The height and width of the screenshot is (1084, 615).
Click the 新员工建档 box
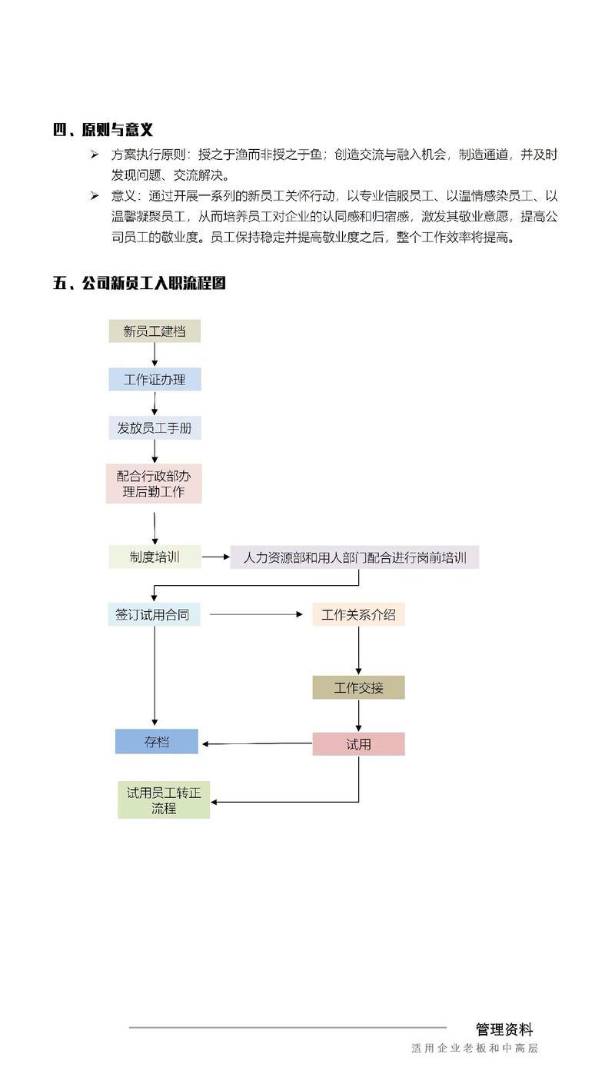tap(155, 331)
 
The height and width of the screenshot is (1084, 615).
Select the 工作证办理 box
tap(155, 379)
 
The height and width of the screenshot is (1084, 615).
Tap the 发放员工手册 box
tap(155, 428)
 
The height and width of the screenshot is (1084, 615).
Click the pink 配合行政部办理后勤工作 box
tap(154, 484)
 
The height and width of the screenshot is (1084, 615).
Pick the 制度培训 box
tap(155, 557)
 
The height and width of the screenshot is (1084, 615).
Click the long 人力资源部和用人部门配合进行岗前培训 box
tap(354, 557)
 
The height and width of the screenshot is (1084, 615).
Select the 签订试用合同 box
tap(154, 614)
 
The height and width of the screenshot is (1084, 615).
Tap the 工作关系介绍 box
tap(358, 614)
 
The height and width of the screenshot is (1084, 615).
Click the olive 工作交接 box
tap(358, 687)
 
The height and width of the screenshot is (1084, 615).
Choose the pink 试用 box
tap(358, 743)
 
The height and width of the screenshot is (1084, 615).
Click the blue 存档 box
tap(157, 742)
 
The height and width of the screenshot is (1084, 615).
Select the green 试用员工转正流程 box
tap(164, 800)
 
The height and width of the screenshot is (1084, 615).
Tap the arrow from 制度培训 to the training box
tap(216, 557)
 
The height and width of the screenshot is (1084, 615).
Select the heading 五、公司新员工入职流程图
tap(139, 283)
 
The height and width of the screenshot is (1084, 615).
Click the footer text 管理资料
tap(504, 1029)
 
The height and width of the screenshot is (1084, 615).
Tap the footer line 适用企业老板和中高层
tap(475, 1048)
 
